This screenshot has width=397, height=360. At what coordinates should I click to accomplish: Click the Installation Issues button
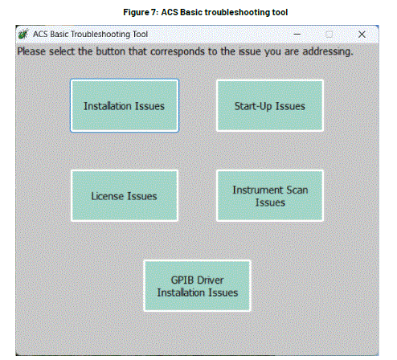click(x=125, y=105)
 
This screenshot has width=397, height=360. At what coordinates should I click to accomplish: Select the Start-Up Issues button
click(x=269, y=105)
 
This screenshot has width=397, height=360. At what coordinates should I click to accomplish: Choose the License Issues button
click(x=125, y=195)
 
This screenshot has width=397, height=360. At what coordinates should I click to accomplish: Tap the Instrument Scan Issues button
click(x=269, y=195)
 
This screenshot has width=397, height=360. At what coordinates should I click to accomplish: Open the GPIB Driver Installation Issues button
click(x=197, y=285)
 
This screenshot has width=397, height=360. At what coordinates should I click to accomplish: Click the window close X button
click(x=362, y=35)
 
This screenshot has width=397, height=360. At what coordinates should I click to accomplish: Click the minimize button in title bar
click(x=297, y=35)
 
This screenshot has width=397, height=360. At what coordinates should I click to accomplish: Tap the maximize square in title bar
click(x=329, y=35)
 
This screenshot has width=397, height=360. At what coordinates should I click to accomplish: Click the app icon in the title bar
click(x=23, y=35)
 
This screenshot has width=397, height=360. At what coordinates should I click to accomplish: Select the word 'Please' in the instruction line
click(x=33, y=51)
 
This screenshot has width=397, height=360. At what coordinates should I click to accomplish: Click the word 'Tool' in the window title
click(x=149, y=35)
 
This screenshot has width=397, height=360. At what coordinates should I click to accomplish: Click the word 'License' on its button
click(x=108, y=195)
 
